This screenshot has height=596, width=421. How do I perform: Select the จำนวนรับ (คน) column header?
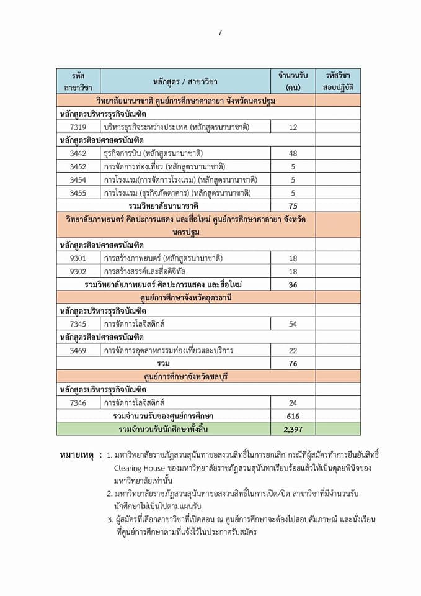pos(293,81)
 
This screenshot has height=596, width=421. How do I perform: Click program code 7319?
pos(78,127)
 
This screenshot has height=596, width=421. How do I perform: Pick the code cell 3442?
pos(78,153)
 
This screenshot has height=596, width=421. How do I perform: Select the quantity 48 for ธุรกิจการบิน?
pos(293,153)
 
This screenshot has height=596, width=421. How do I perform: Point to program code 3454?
pos(78,179)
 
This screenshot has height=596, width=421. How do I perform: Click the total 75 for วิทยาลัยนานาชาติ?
pos(293,206)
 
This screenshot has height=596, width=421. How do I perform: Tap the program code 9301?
pos(78,258)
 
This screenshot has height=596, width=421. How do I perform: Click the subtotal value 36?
pos(293,284)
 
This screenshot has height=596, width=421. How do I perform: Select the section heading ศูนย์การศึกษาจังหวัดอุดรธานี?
pos(185,297)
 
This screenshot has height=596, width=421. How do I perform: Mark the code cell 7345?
pos(78,324)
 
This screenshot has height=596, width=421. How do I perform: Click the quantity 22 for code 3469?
pos(293,350)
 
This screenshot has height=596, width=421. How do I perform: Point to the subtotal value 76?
pos(293,363)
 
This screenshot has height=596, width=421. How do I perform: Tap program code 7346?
pos(78,403)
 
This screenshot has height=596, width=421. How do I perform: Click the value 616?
pos(293,415)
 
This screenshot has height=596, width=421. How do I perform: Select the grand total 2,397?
pos(293,429)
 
